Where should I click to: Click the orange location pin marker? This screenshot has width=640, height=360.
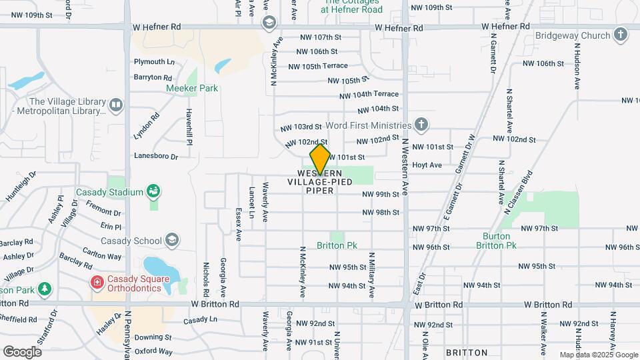point(321,159)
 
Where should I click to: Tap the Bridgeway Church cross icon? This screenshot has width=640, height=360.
point(621,34)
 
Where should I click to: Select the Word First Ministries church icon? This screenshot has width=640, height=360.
point(421,125)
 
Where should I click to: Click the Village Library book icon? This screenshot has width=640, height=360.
point(116,105)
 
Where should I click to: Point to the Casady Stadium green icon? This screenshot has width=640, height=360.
point(154,192)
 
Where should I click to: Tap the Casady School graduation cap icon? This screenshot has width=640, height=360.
point(172,240)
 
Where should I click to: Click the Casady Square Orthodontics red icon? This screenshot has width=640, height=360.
point(97,283)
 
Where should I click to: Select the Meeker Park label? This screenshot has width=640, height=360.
point(192,88)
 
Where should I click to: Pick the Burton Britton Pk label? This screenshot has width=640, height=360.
point(497,241)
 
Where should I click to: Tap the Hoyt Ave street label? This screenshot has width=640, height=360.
point(427,165)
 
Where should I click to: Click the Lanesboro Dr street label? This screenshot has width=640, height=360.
point(156,157)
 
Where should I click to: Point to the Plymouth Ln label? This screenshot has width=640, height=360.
point(154,62)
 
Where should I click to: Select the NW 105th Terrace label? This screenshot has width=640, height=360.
point(318,66)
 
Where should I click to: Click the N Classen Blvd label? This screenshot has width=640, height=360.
point(520,193)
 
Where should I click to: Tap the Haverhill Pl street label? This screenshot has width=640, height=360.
point(189,127)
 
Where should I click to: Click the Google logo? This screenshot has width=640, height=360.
point(22,351)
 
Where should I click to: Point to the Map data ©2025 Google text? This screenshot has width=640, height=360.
point(597,355)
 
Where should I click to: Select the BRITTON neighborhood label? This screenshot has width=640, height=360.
point(466,352)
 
